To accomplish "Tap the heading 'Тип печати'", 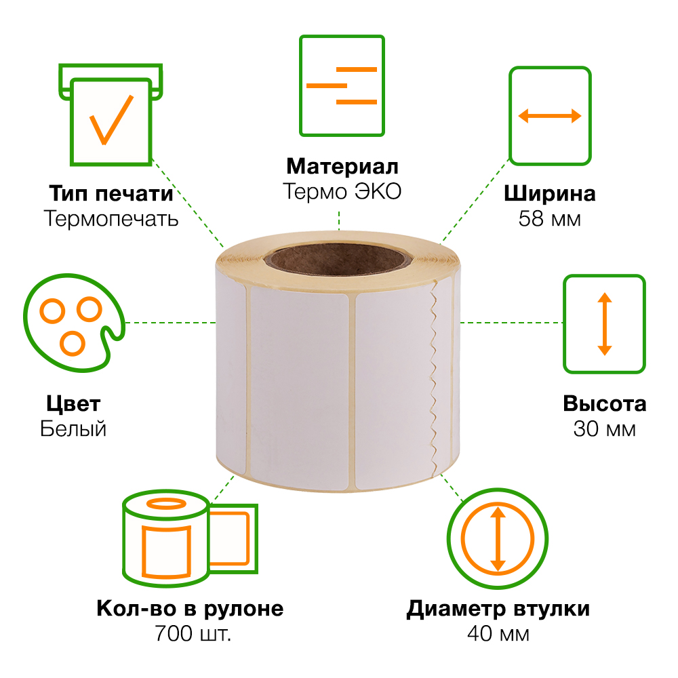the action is pyautogui.click(x=111, y=193).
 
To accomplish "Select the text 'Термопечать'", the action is pyautogui.click(x=111, y=218).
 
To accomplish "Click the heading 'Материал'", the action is pyautogui.click(x=342, y=166).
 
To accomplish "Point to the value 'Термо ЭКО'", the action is pyautogui.click(x=342, y=192).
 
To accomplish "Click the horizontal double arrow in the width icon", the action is pyautogui.click(x=550, y=116).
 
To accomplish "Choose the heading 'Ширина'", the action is pyautogui.click(x=550, y=194).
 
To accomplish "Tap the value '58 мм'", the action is pyautogui.click(x=550, y=219).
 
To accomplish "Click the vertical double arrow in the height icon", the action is pyautogui.click(x=605, y=324).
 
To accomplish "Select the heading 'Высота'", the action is pyautogui.click(x=605, y=404).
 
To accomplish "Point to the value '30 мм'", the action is pyautogui.click(x=605, y=429).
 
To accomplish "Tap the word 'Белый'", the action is pyautogui.click(x=73, y=429).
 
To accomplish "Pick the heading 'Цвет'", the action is pyautogui.click(x=73, y=404).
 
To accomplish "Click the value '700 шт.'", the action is pyautogui.click(x=193, y=634).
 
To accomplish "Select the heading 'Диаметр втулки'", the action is pyautogui.click(x=498, y=609).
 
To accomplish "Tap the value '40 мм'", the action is pyautogui.click(x=498, y=634).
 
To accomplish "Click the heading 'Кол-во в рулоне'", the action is pyautogui.click(x=190, y=609).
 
